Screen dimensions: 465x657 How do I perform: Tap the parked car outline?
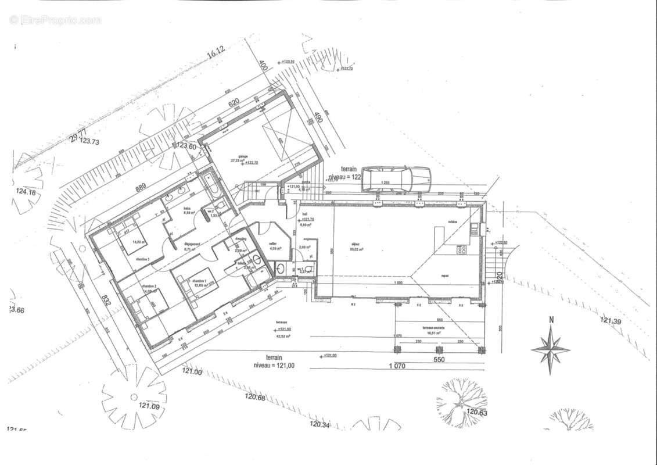396,180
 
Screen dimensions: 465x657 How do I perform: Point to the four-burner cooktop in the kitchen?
463,250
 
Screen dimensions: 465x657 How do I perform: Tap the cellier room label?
272,245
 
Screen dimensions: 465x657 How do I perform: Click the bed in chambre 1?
198,285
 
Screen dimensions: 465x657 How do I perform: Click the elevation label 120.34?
319,424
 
